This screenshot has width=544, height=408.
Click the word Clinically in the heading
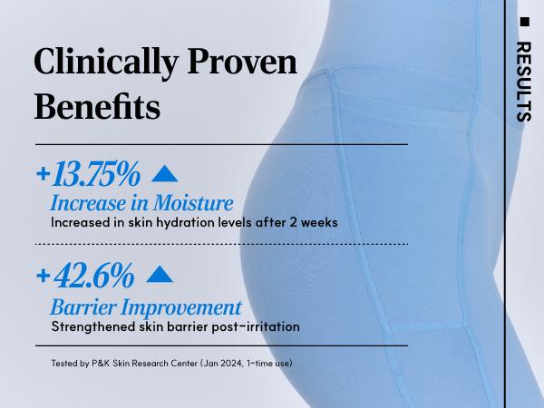106,62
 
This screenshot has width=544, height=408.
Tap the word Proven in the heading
242,62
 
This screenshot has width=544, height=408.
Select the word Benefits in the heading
97,106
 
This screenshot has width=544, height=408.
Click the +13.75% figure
89,173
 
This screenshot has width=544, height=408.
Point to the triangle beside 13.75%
165,173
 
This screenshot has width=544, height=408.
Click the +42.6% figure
85,276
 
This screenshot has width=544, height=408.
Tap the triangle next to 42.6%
160,275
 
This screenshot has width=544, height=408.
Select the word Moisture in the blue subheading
193,203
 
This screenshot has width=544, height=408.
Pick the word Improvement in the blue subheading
180,307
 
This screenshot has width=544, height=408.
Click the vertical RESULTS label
524,82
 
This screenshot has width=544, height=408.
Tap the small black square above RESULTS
525,22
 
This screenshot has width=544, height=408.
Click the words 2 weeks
314,222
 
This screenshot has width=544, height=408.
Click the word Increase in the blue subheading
89,203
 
